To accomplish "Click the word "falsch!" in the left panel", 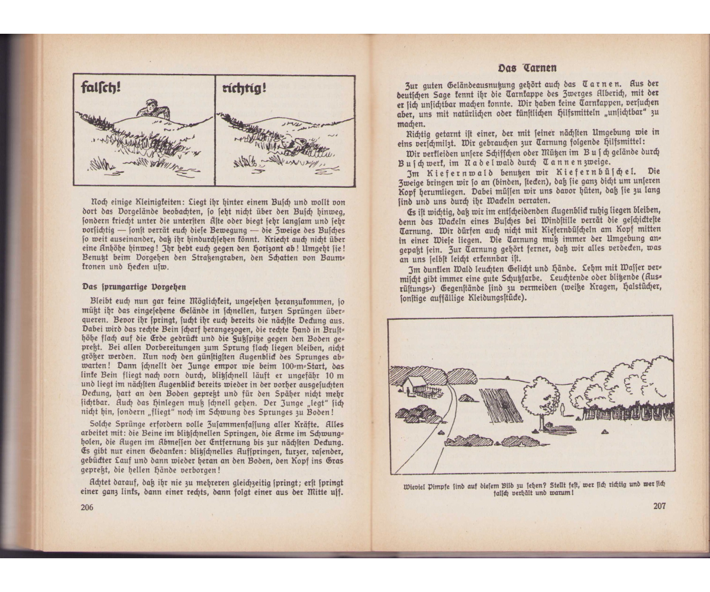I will tap(101, 88).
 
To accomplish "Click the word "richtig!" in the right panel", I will tap(244, 88).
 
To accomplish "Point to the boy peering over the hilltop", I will tap(153, 110).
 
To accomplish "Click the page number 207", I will tap(659, 506).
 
